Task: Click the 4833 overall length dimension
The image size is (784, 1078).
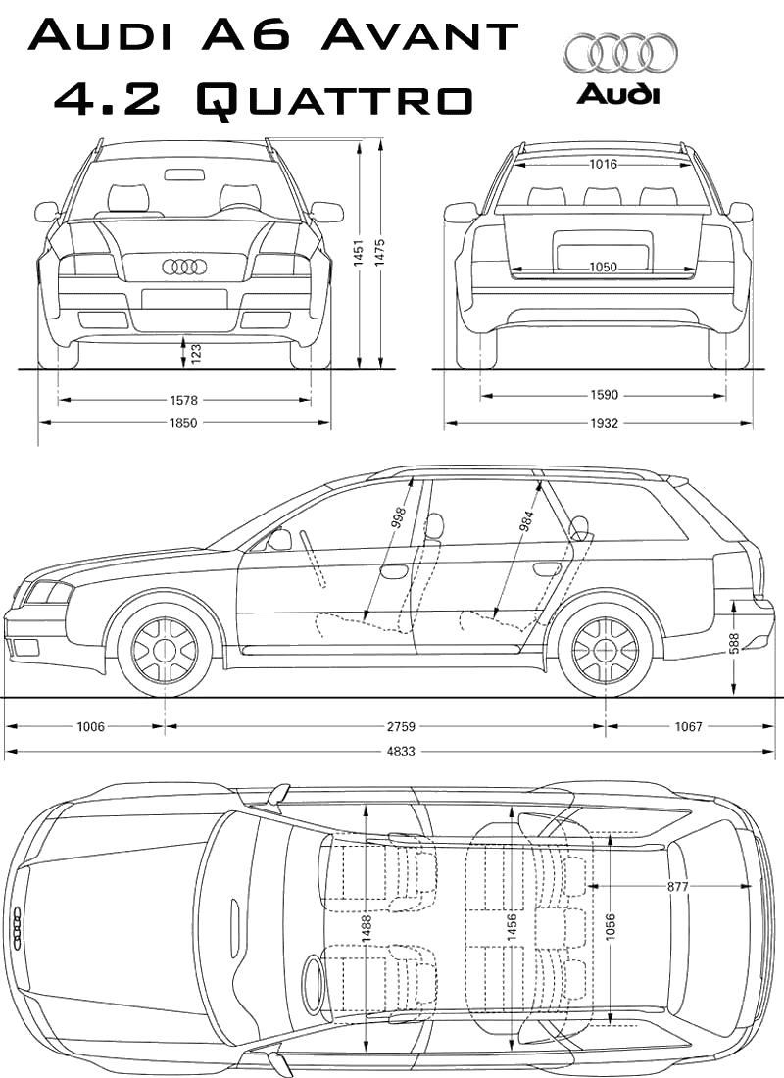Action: coord(398,752)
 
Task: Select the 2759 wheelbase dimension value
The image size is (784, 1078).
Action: coord(402,726)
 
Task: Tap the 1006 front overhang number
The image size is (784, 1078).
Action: coord(90,726)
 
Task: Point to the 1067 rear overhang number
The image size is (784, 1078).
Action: coord(689,726)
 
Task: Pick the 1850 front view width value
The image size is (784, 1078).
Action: coord(183,423)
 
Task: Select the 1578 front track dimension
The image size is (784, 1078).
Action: coord(183,400)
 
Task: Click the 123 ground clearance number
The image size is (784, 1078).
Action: coord(196,354)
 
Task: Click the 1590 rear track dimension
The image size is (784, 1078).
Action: coord(605,395)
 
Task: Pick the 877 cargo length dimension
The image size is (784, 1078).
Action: coord(677,886)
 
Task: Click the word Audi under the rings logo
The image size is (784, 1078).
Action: coord(618,94)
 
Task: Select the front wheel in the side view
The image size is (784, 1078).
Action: coord(165,651)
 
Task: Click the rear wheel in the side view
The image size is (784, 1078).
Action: coord(605,651)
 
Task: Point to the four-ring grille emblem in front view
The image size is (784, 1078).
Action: coord(184,266)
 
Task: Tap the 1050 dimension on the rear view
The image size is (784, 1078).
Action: coord(604,267)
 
